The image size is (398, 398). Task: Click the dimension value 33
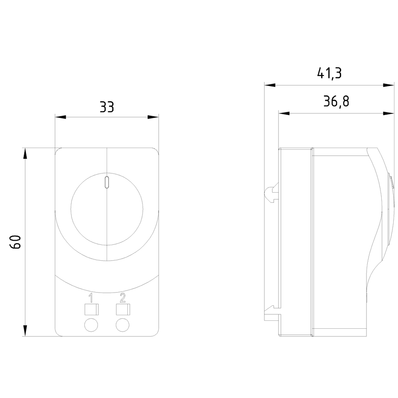tap(107, 107)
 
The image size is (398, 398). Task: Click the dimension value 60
tap(16, 242)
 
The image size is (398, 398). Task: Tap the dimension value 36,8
tap(336, 102)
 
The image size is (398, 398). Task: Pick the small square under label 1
tap(91, 309)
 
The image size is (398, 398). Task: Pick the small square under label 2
tap(123, 309)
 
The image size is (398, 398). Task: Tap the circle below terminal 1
tap(91, 325)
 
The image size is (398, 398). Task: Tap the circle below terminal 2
tap(123, 325)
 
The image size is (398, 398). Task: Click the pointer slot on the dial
tap(107, 182)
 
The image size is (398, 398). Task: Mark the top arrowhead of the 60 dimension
tap(25, 154)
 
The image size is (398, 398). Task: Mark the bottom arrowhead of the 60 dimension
tap(25, 331)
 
